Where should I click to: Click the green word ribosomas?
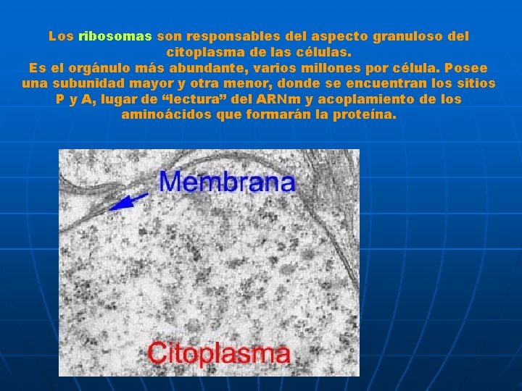pos(115,35)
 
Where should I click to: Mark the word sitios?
pos(472,83)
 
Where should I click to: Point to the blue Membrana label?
pos(227,181)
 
